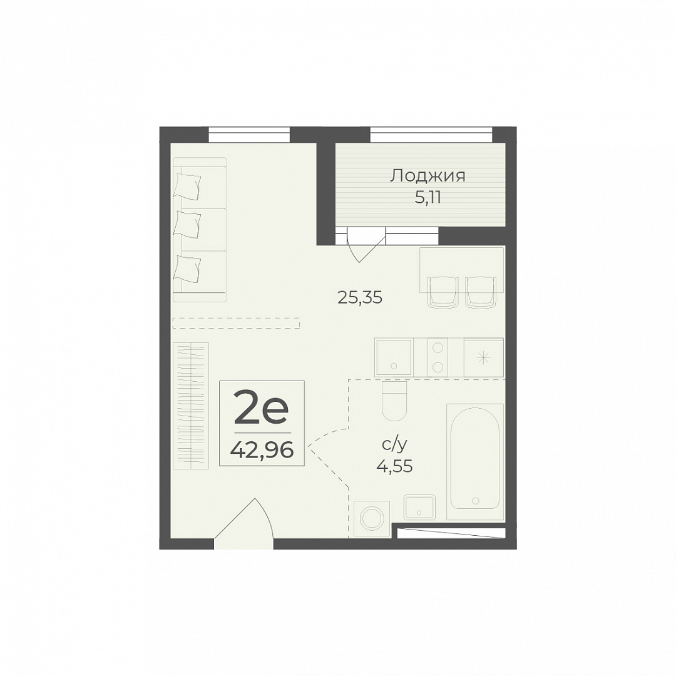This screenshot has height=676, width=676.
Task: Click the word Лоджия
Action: coord(428,177)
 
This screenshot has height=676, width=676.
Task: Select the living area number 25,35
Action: coord(360,298)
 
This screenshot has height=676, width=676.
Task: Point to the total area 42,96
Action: coord(262,451)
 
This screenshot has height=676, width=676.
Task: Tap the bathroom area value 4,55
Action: coord(394,466)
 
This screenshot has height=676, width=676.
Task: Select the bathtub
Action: coord(475,461)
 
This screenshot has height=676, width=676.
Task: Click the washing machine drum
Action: coord(372,519)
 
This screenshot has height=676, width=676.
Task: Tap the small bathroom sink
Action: coord(420,507)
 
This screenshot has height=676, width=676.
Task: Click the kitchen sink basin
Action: coord(394,357)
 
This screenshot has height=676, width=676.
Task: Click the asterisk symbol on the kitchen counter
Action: coord(483,357)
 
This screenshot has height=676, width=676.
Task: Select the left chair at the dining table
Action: coord(443,292)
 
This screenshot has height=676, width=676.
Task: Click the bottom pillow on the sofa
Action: coord(187,268)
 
